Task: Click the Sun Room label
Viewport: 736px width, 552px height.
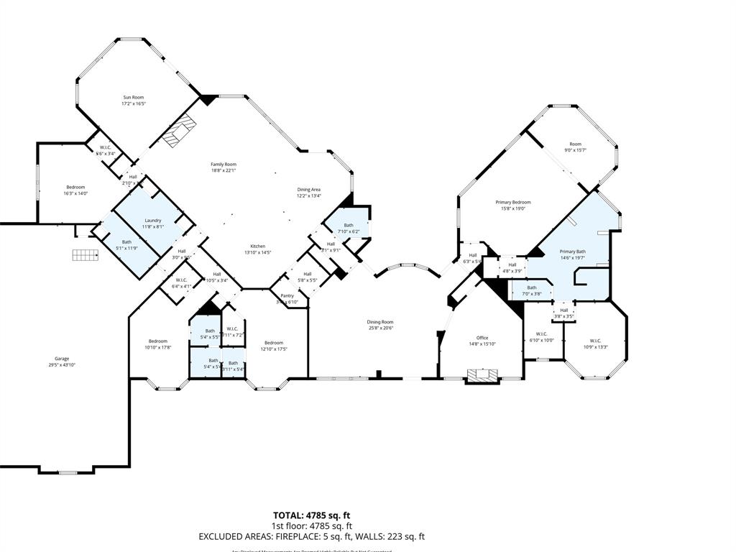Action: point(133,97)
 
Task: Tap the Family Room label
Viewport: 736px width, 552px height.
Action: point(224,164)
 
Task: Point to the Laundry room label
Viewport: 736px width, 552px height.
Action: point(152,221)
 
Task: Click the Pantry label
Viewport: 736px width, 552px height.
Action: point(287,295)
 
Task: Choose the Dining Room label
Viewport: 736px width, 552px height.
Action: point(381,322)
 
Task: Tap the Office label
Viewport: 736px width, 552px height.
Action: point(482,338)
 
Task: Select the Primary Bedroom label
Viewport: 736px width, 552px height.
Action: point(513,202)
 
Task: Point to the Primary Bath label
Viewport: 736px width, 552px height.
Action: point(573,252)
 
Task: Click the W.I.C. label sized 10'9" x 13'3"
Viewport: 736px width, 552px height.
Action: point(595,341)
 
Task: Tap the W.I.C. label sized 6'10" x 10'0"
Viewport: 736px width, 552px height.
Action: point(541,333)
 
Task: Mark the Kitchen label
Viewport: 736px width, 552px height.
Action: point(257,246)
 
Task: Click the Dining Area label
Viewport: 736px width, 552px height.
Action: point(309,189)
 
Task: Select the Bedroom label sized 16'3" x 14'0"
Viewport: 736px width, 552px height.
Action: point(75,187)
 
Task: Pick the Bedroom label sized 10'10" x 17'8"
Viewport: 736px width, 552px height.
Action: point(158,341)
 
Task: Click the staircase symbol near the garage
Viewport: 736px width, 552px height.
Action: point(85,254)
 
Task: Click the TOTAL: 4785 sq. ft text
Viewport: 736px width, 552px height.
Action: point(311,515)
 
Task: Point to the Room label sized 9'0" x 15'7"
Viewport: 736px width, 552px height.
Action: point(575,144)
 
